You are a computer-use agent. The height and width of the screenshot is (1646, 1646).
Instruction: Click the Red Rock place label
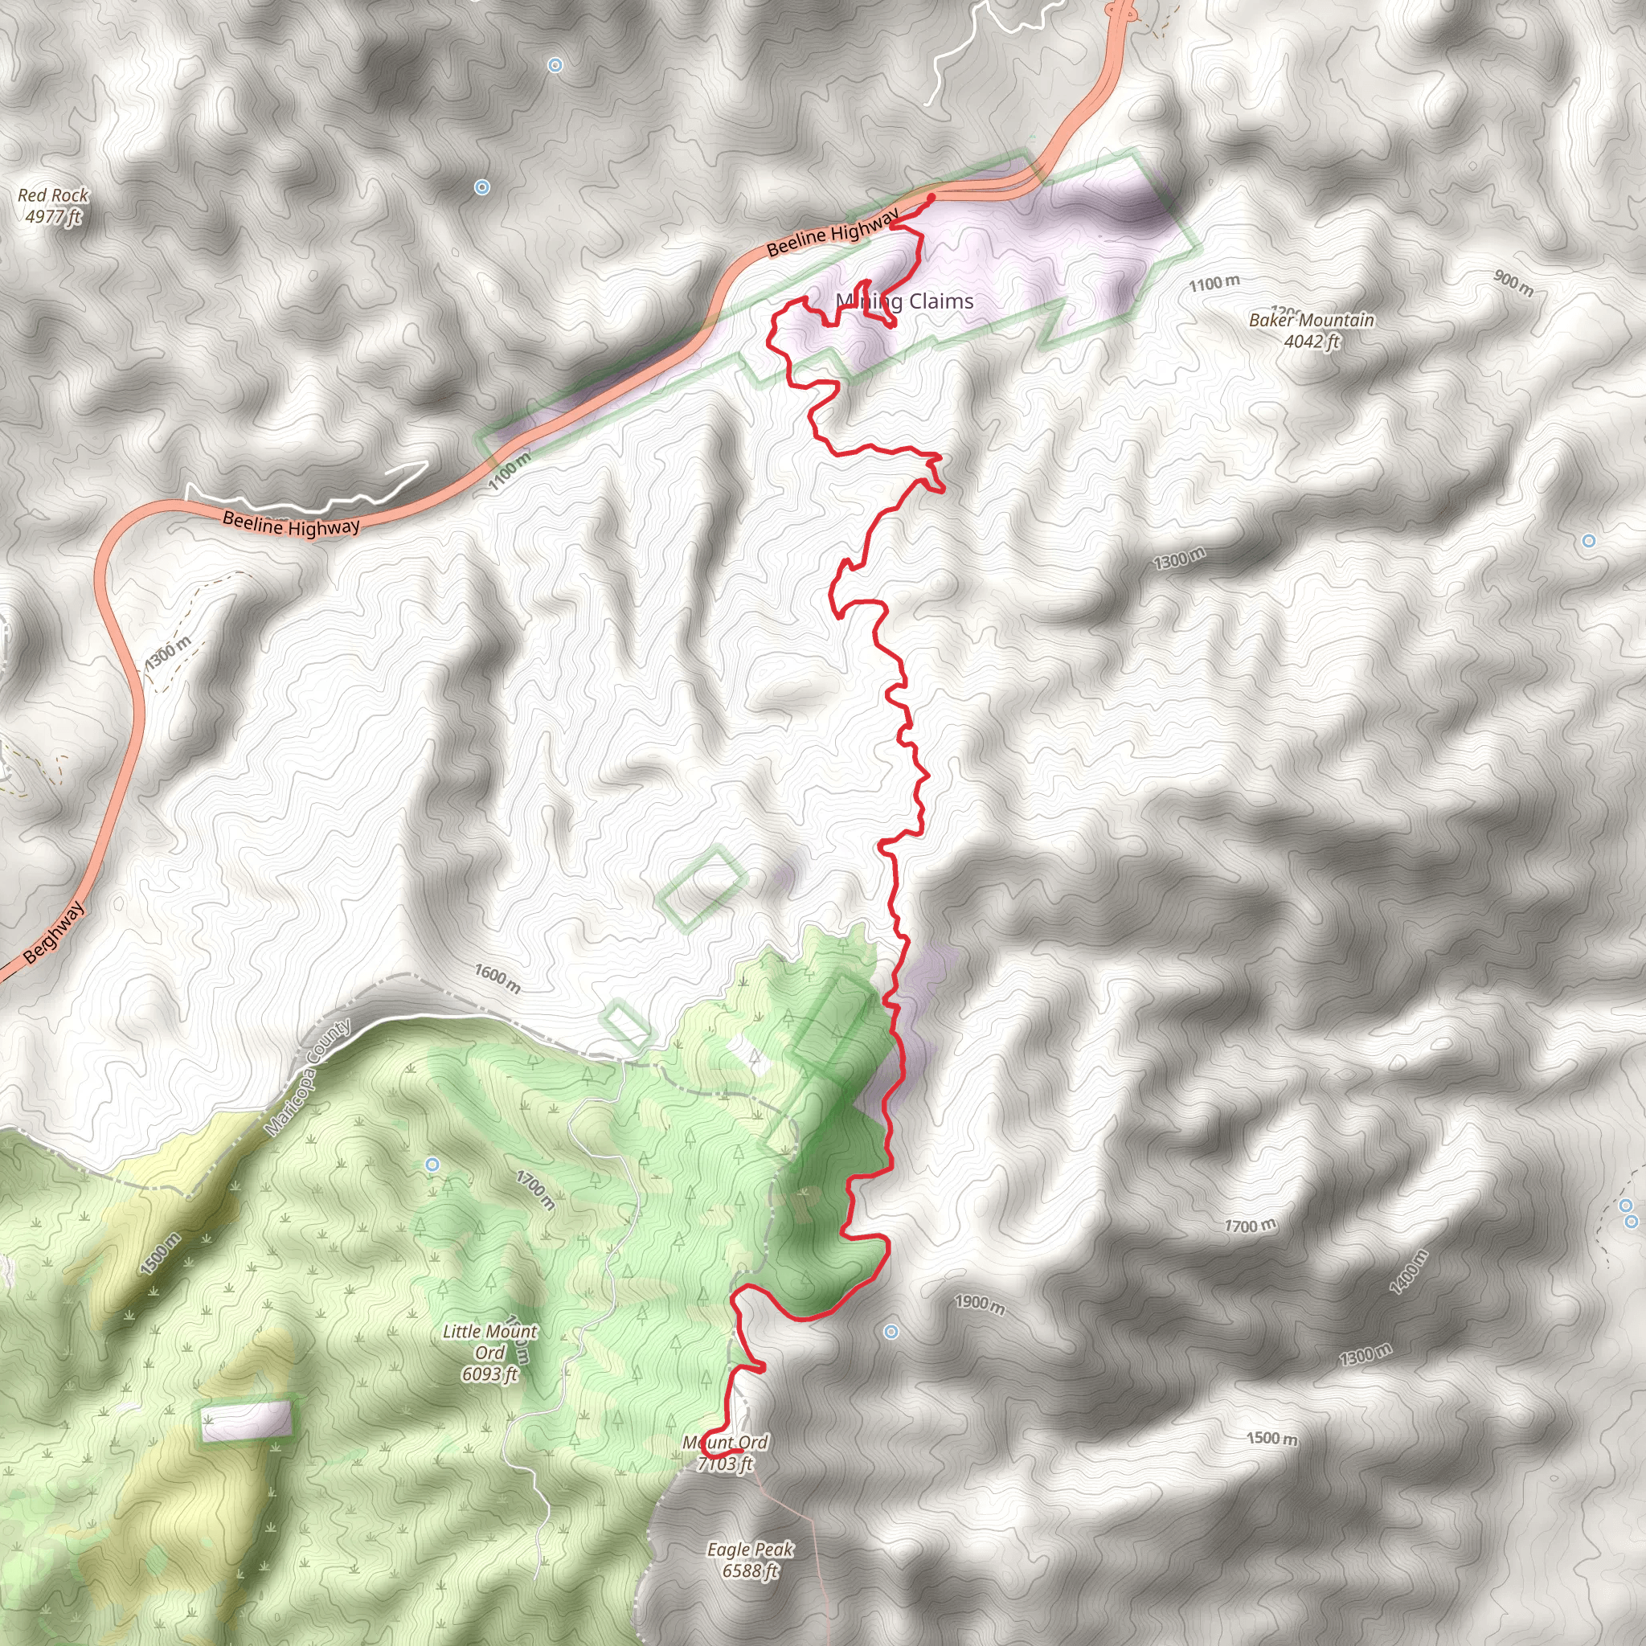click(53, 195)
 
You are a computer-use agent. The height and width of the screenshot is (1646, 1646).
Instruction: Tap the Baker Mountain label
click(1311, 321)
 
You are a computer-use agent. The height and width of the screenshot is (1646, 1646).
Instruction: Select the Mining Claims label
click(905, 301)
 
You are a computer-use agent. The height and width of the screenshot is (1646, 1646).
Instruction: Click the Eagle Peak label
click(751, 1549)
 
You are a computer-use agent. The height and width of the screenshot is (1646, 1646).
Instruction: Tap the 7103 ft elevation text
click(725, 1464)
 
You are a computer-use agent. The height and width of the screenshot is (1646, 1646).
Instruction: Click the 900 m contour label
click(1513, 283)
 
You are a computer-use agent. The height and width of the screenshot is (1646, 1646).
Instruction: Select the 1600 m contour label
click(497, 980)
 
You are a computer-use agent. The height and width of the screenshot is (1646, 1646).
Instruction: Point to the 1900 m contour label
click(979, 1304)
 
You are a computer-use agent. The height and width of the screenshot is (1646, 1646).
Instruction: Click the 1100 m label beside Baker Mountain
click(1214, 283)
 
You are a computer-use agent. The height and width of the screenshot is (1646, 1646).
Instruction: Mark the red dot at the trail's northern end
click(931, 198)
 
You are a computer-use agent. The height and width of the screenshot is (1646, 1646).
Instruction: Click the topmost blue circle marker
click(555, 65)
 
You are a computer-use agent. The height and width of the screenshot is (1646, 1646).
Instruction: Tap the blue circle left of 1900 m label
click(891, 1332)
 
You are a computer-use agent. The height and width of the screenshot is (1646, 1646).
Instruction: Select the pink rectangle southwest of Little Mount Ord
click(246, 1420)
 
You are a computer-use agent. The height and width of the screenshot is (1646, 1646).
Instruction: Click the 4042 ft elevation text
click(1311, 342)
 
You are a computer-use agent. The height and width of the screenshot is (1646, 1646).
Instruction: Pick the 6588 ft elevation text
click(751, 1570)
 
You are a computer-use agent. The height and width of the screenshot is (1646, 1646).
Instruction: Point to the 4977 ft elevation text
click(53, 216)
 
